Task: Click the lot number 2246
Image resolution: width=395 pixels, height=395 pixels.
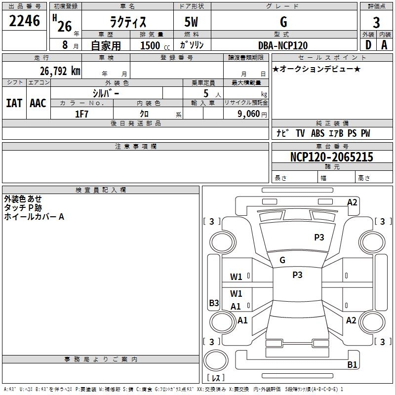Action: point(24,21)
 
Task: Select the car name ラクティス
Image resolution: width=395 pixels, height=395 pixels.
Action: point(128,22)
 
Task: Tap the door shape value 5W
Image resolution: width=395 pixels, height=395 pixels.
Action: point(191,22)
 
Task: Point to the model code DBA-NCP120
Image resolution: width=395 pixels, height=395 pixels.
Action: point(283,45)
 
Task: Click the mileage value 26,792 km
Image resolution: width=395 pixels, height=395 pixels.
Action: point(60,71)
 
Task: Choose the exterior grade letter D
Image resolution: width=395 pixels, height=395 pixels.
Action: point(368,45)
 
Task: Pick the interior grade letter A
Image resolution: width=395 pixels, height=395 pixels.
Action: point(384,45)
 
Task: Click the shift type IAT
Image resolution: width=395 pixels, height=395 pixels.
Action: point(14,103)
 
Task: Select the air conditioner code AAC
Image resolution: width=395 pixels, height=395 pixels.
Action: point(38,103)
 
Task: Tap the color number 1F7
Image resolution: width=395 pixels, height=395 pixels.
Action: point(81,114)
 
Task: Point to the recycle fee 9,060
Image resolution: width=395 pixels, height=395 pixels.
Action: point(249,114)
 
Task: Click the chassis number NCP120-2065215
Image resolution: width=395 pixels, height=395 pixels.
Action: point(331,157)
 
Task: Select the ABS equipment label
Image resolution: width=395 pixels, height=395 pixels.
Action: point(317,133)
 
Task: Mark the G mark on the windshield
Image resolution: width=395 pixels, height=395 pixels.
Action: point(282,260)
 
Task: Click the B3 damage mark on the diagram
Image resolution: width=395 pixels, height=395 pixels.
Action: point(214,303)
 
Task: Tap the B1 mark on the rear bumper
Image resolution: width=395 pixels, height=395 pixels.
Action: point(352,364)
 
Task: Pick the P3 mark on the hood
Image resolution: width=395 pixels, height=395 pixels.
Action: point(319,237)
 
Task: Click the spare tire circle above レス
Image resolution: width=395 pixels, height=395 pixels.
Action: point(216,360)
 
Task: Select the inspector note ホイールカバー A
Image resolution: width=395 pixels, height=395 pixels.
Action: point(34,217)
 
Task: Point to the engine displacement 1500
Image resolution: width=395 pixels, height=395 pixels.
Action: point(150,45)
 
